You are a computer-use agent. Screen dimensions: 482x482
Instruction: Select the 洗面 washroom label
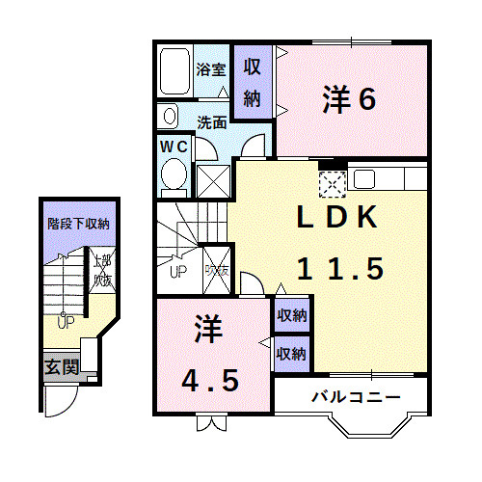pos(212,122)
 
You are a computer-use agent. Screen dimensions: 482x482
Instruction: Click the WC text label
pos(174,146)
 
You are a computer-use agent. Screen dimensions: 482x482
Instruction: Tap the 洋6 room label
pos(348,99)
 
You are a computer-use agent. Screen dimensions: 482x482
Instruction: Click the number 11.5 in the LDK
pos(328,269)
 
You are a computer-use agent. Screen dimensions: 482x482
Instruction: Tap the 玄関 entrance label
pos(56,367)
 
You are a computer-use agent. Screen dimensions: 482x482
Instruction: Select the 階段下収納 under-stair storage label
pos(78,224)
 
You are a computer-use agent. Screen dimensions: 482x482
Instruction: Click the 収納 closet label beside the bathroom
pos(253,82)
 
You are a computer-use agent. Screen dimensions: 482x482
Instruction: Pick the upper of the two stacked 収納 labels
pos(292,315)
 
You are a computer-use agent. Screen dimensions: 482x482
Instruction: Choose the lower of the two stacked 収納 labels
pos(292,353)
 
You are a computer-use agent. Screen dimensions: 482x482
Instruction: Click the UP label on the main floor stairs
pos(178,270)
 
